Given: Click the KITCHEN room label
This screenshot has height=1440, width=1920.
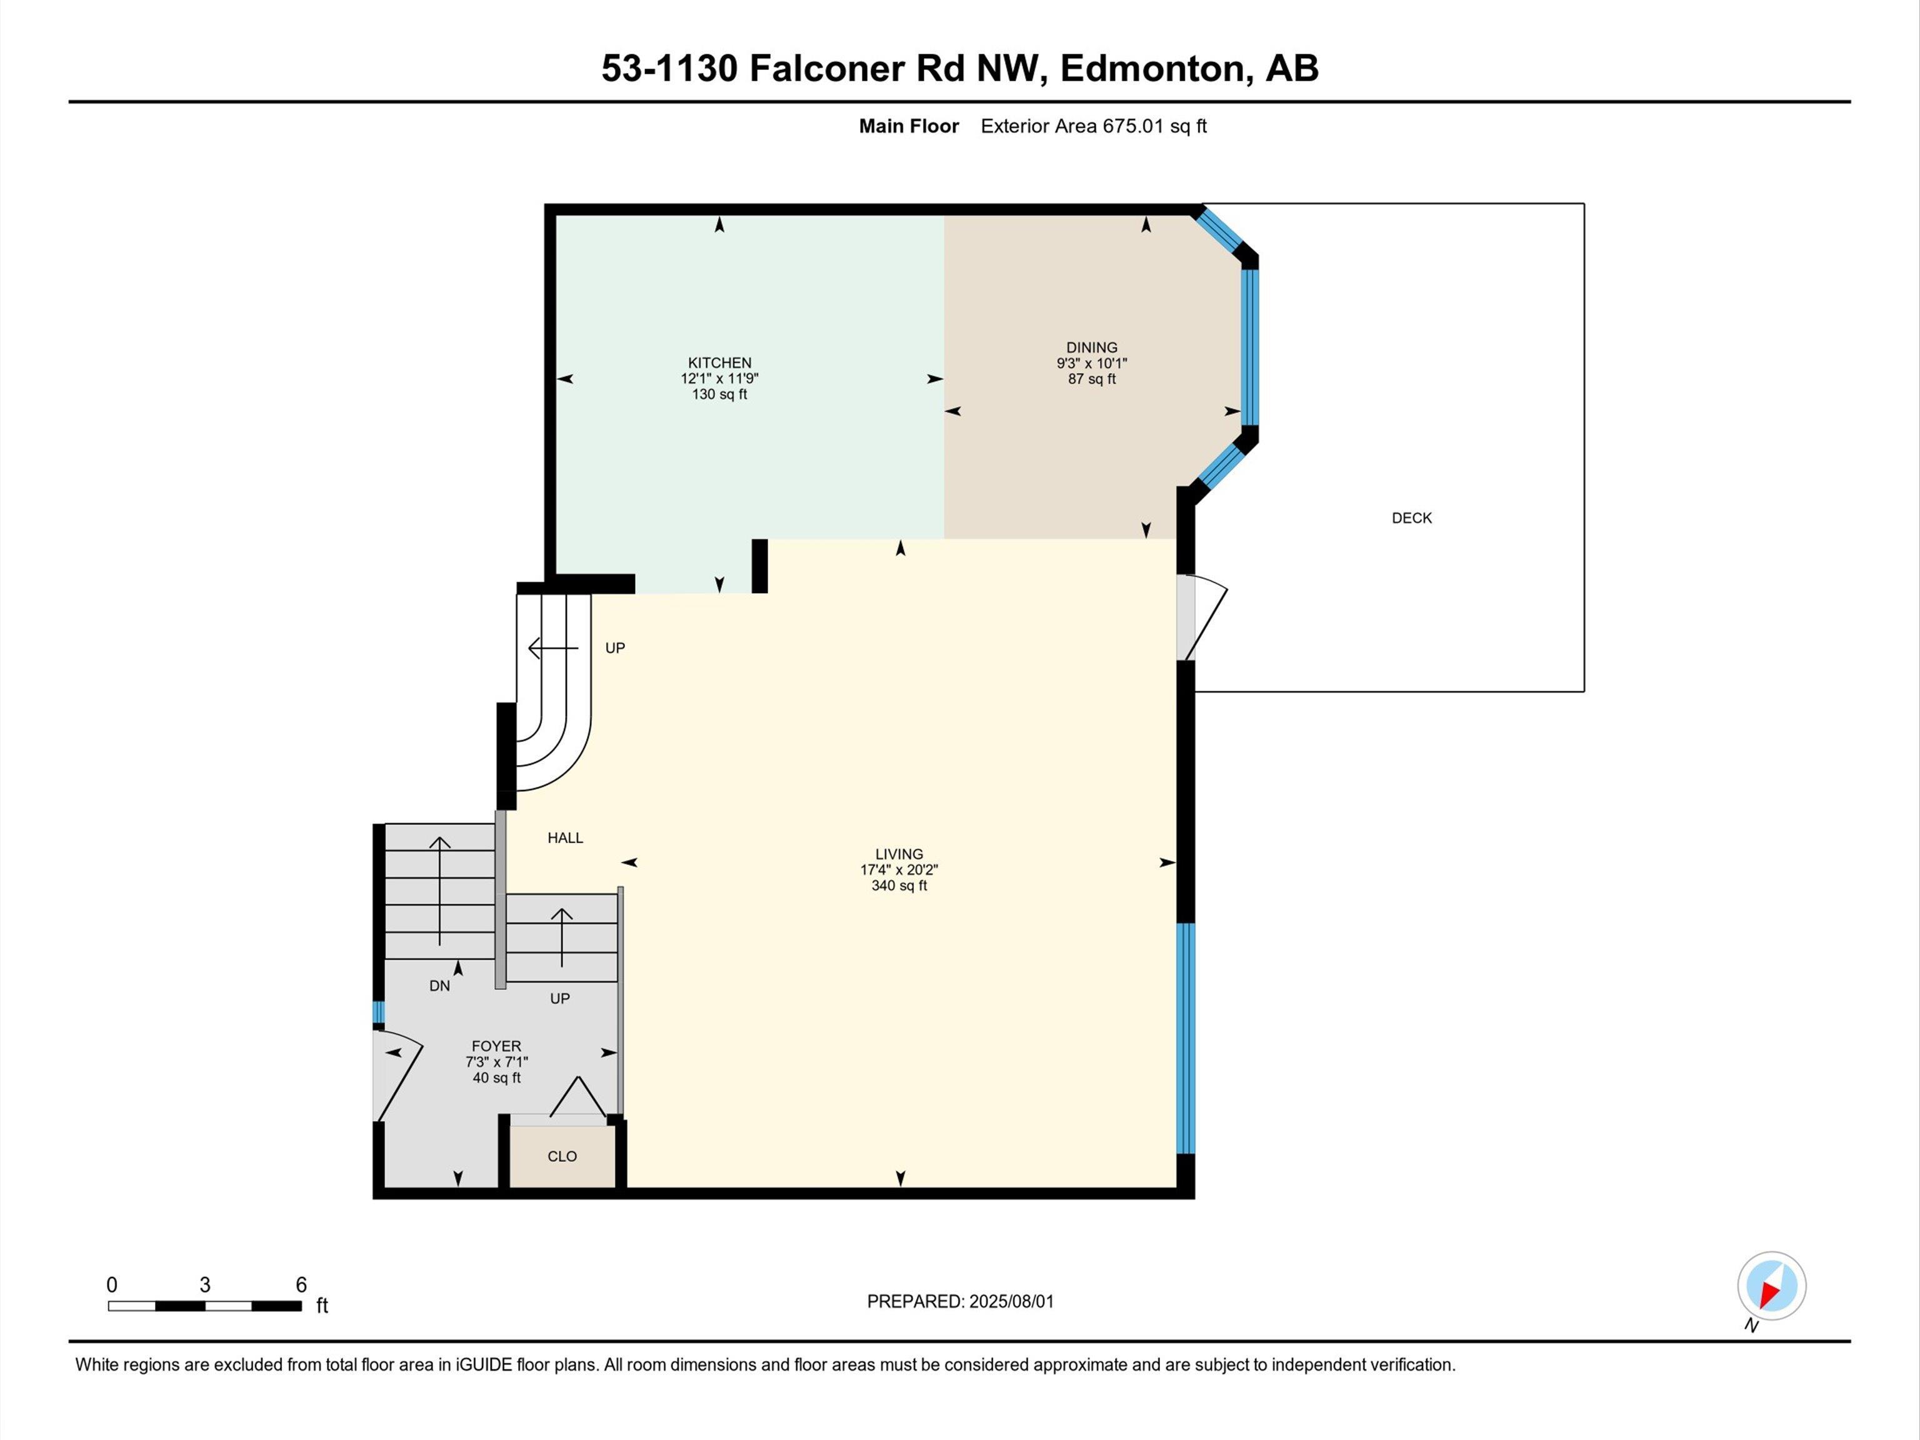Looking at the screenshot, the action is click(x=719, y=363).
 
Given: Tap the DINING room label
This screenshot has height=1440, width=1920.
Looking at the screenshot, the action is click(x=1092, y=347).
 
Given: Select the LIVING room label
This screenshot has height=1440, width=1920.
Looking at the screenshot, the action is click(x=899, y=854).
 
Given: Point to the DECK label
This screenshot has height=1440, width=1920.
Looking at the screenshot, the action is click(x=1411, y=518).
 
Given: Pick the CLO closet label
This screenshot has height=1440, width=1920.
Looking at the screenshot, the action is click(x=562, y=1156).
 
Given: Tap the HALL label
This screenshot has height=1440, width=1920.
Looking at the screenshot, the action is click(x=565, y=837).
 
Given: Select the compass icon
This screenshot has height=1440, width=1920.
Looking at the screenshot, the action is click(x=1772, y=1286).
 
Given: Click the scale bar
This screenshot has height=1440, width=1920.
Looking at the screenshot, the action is click(x=205, y=1306).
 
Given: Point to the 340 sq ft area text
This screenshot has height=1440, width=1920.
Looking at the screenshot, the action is click(x=899, y=886).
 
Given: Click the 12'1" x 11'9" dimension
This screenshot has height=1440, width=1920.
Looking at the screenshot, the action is click(x=719, y=379).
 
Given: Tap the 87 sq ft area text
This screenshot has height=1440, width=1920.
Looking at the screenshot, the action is click(x=1092, y=379).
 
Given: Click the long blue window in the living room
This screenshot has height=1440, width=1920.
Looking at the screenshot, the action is click(x=1186, y=1038).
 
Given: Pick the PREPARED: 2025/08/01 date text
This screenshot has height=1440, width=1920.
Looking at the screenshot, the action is click(x=960, y=1302).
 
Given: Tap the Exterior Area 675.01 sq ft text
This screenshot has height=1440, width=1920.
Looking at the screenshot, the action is click(x=1094, y=126).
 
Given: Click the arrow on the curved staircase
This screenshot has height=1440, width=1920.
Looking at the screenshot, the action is click(x=553, y=648).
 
